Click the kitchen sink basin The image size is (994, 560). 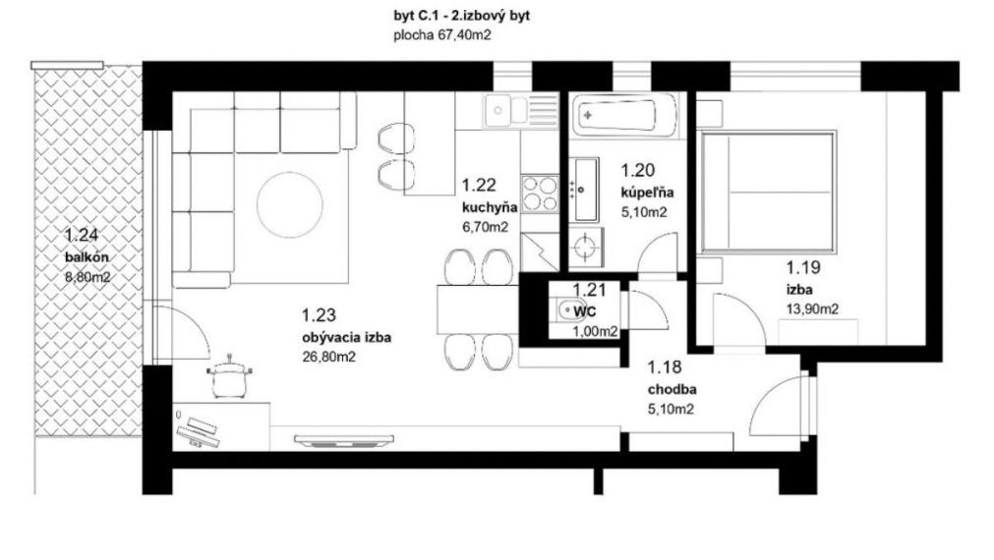coord(498,110)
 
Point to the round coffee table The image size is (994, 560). coord(290,204)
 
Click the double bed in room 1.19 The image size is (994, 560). coord(767,192)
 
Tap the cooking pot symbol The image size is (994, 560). coord(229,377)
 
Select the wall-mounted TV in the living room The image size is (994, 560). coord(343,439)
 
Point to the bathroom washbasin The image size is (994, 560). coord(586,190)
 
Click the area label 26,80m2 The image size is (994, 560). coord(329,358)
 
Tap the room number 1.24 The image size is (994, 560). coord(82,235)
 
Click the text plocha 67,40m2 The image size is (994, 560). coord(442,34)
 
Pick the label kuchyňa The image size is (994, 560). coord(490,206)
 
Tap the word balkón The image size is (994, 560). coord(87,257)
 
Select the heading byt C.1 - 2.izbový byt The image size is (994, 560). coord(461,16)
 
